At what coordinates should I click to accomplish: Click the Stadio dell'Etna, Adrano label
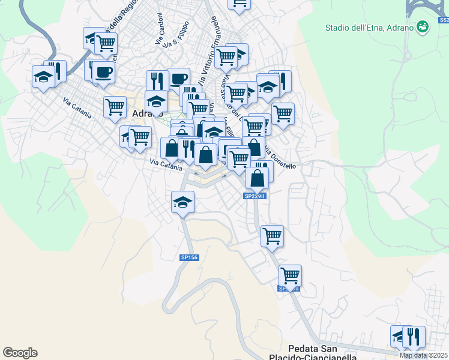(x=369, y=28)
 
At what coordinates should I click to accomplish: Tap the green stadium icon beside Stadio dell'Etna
(x=423, y=26)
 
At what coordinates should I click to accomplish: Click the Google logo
(x=20, y=353)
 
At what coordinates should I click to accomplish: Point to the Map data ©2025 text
(x=424, y=355)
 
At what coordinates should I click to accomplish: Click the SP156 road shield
(x=188, y=257)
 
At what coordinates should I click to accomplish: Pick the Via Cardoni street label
(x=160, y=29)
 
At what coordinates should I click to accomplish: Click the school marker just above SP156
(x=182, y=202)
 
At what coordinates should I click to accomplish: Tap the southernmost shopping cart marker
(x=290, y=276)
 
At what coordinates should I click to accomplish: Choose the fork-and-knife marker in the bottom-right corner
(x=414, y=337)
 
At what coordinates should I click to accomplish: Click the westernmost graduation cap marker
(x=43, y=77)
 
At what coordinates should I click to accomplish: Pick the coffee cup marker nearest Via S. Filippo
(x=178, y=79)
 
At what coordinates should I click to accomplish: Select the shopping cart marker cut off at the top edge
(x=239, y=4)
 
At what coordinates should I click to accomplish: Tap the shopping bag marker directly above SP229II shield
(x=257, y=178)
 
